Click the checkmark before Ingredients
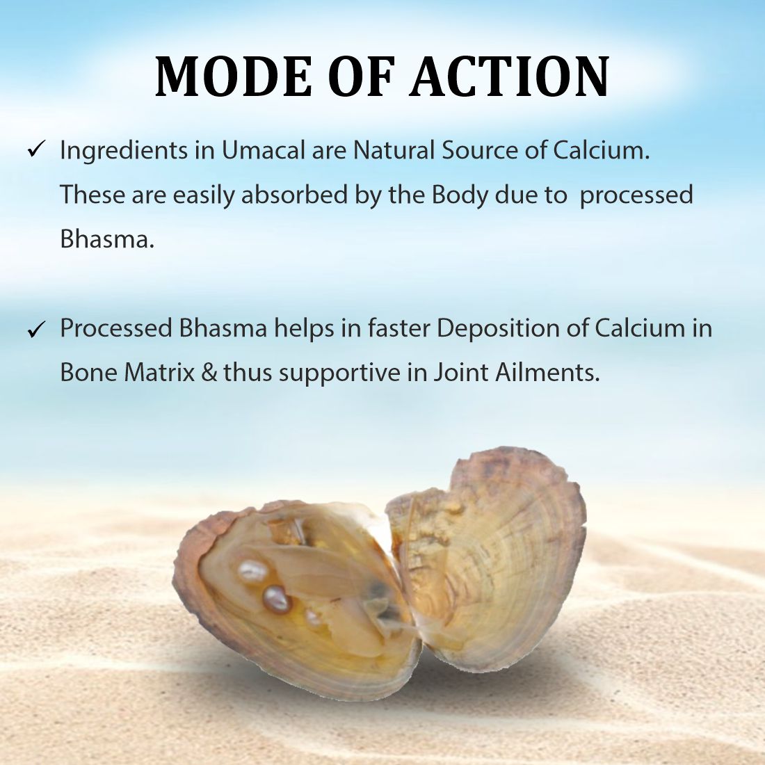35,150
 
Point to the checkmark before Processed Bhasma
35,329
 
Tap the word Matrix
159,373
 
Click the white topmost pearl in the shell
252,572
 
